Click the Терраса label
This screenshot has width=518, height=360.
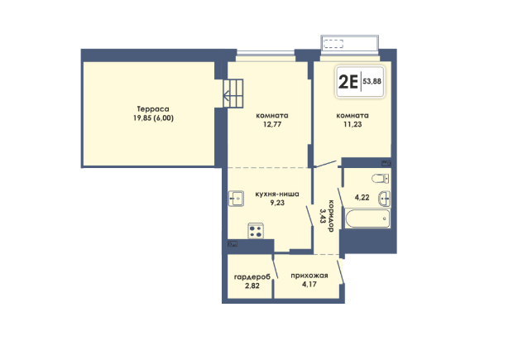pyautogui.click(x=153, y=109)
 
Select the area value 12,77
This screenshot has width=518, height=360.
pyautogui.click(x=272, y=124)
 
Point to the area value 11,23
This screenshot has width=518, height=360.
pyautogui.click(x=353, y=124)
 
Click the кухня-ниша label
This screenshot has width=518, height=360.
pyautogui.click(x=277, y=194)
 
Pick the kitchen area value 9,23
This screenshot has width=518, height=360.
pyautogui.click(x=277, y=203)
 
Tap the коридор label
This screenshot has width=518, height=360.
pyautogui.click(x=330, y=216)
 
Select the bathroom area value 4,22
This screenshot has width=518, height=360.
pyautogui.click(x=362, y=198)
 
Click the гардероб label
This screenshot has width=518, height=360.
pyautogui.click(x=252, y=276)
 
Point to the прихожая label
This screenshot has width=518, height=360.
pyautogui.click(x=309, y=276)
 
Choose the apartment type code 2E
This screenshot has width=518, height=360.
pyautogui.click(x=348, y=82)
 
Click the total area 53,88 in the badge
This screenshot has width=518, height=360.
pyautogui.click(x=372, y=81)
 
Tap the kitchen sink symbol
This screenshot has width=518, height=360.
pyautogui.click(x=236, y=199)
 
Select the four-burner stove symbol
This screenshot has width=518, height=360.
pyautogui.click(x=256, y=231)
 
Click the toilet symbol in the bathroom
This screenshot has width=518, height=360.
pyautogui.click(x=381, y=179)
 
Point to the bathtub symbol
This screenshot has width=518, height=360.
pyautogui.click(x=367, y=218)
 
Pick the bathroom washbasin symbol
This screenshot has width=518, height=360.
pyautogui.click(x=385, y=199)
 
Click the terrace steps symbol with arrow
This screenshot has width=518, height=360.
pyautogui.click(x=233, y=94)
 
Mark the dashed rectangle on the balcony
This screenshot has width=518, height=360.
pyautogui.click(x=333, y=44)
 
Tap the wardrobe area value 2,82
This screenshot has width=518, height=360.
pyautogui.click(x=252, y=286)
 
